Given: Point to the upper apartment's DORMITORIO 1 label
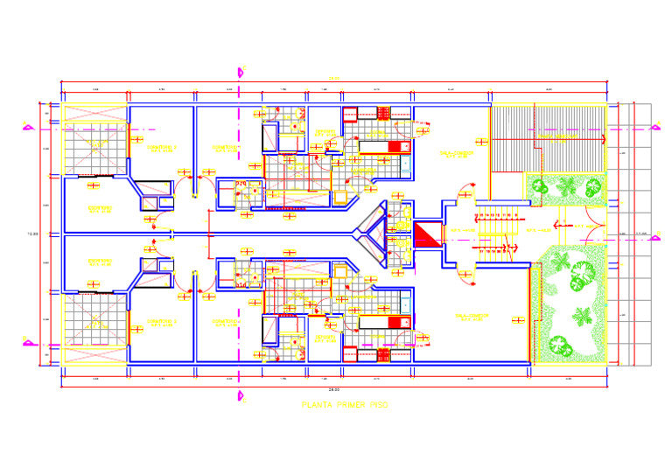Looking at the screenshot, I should (x=226, y=148).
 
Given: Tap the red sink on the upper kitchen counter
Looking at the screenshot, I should (x=399, y=147).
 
